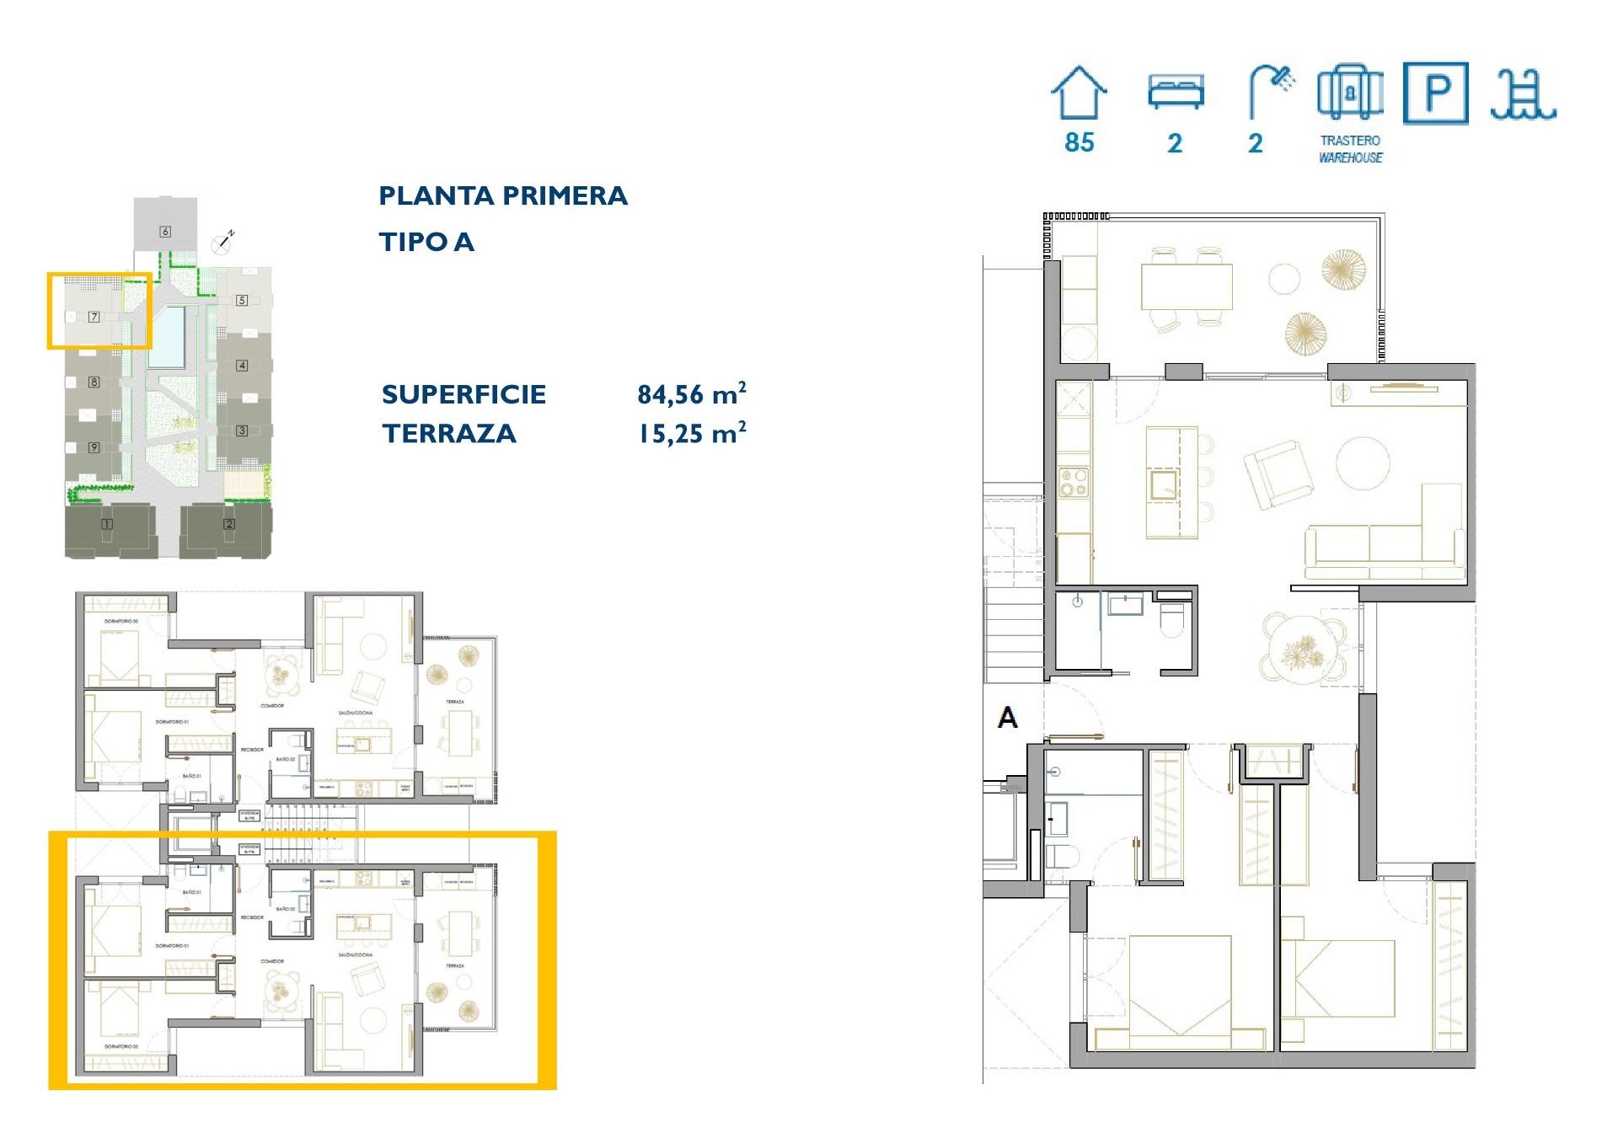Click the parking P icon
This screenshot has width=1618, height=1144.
1435,94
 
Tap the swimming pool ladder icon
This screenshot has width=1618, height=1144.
1522,94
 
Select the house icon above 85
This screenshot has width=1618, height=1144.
1078,93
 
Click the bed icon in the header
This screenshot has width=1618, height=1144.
1176,92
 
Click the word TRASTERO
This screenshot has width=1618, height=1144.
1350,141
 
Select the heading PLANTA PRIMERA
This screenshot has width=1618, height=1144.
503,196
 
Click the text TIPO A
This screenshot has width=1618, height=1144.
426,243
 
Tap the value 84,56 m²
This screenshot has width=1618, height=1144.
691,394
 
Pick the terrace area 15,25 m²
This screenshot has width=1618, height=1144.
691,434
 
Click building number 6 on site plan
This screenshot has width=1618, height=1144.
165,232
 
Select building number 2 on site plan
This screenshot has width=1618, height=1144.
229,524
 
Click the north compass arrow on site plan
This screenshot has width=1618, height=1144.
224,243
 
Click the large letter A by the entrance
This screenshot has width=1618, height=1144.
1007,718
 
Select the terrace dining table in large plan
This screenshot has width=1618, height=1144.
1187,287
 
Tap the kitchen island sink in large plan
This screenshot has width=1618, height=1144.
1163,484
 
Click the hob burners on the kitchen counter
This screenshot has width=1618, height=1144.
1074,483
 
